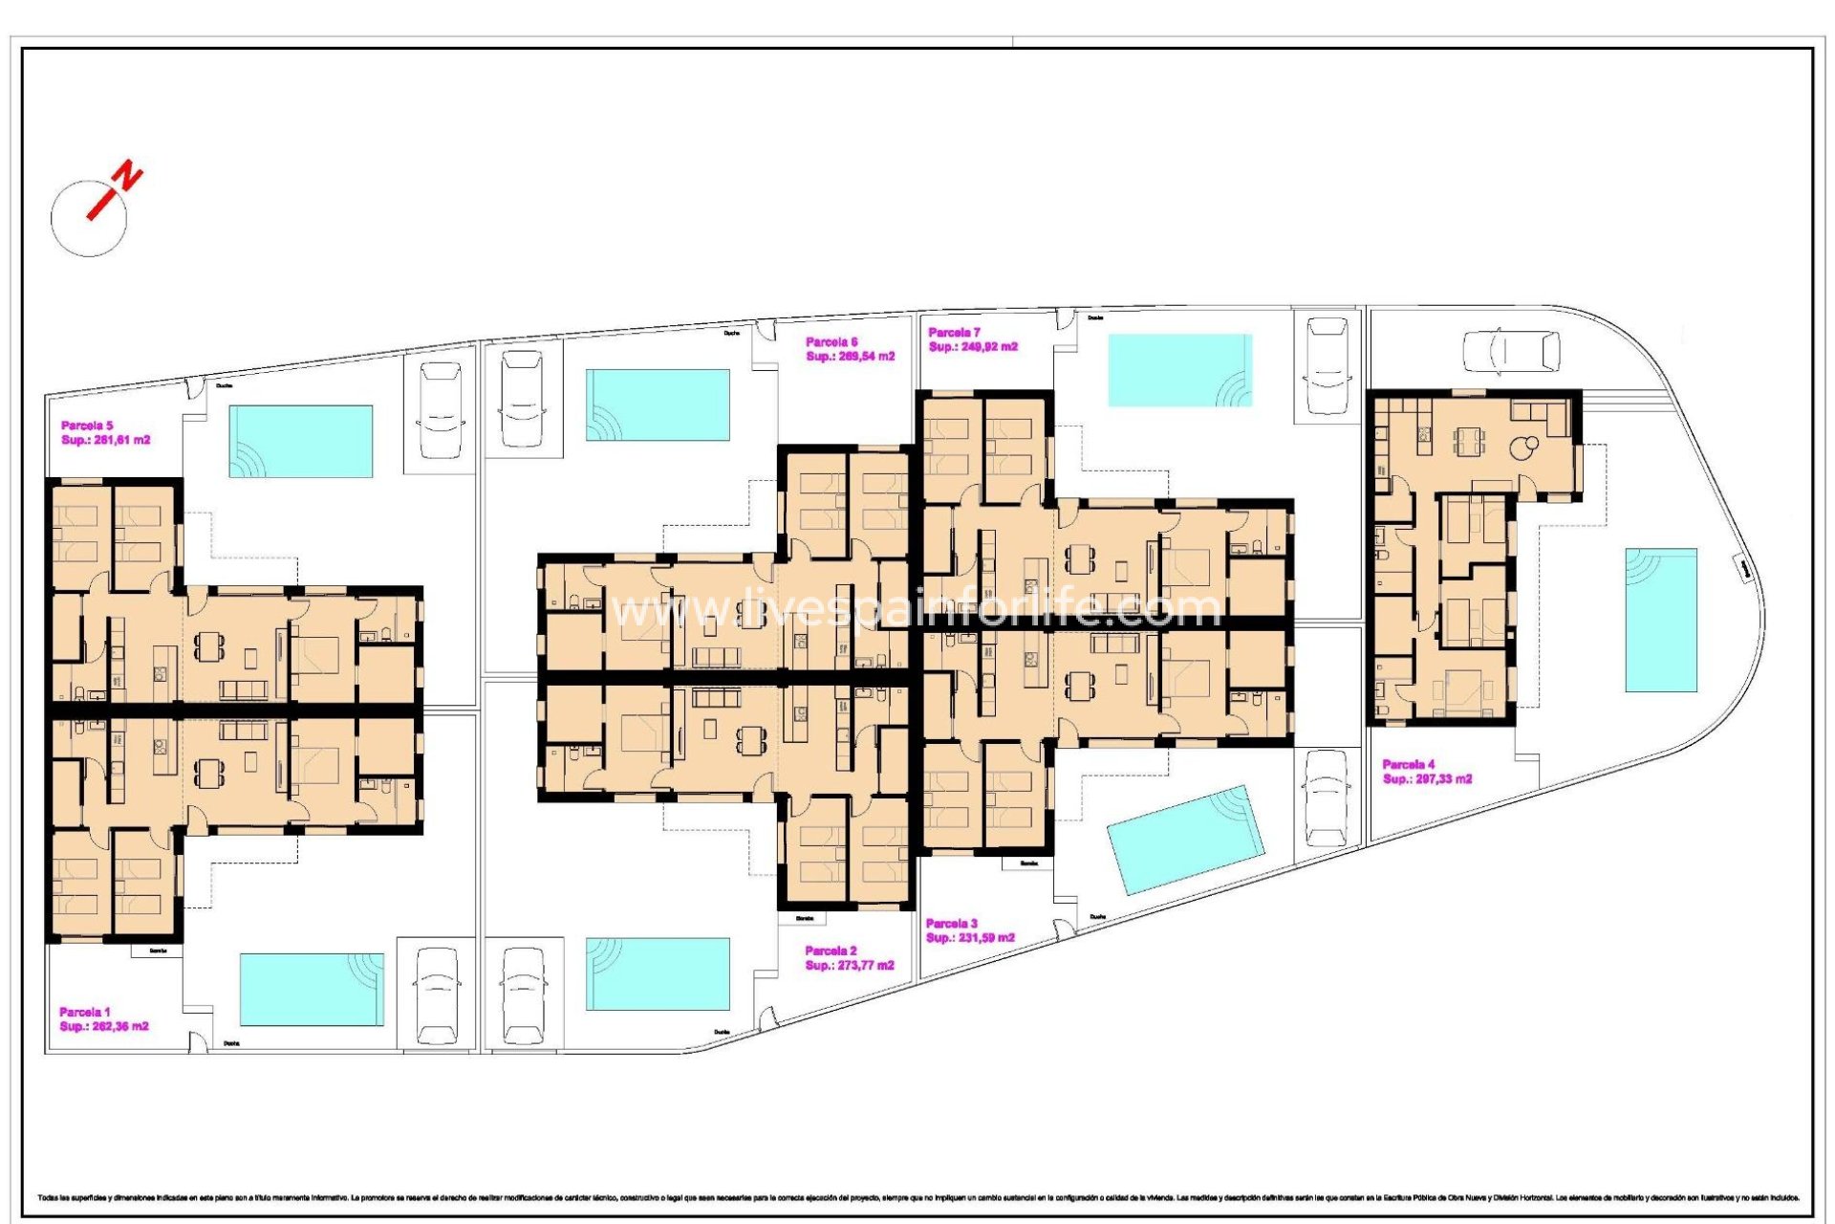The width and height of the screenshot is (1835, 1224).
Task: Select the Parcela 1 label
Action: (x=85, y=1012)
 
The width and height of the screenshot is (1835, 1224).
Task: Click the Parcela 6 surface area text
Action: (x=851, y=357)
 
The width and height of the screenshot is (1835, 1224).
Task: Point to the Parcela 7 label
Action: (x=955, y=333)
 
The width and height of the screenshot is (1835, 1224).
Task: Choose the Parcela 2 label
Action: (x=831, y=951)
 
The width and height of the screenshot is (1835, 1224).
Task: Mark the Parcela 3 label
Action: (x=952, y=924)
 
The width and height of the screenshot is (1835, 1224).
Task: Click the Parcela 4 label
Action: (x=1409, y=764)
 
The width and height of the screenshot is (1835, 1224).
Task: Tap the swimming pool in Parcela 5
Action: (x=300, y=441)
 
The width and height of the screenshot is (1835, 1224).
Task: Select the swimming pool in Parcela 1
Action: (x=312, y=989)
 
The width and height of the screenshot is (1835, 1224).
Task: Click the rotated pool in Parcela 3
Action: (x=1185, y=840)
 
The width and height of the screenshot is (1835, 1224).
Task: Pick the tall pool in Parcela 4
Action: (x=1661, y=620)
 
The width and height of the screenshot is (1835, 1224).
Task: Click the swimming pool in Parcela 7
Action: (x=1180, y=370)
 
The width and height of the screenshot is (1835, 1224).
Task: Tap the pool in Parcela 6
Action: (x=658, y=404)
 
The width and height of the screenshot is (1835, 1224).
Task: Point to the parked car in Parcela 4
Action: (x=1511, y=351)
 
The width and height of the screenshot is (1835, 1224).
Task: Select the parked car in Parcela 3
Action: (x=1326, y=798)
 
